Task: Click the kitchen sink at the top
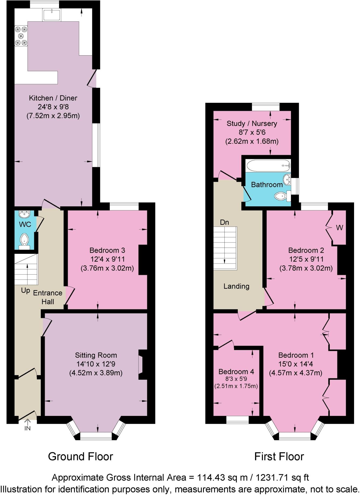coord(52,15)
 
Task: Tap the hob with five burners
coord(21,36)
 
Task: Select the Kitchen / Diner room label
coord(53,98)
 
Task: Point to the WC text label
coord(25,224)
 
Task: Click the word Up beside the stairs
coord(26,291)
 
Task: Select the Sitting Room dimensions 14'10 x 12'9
coord(96,364)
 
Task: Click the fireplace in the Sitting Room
coord(141,365)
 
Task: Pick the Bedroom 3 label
coord(107,250)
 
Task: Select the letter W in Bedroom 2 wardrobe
coord(340,228)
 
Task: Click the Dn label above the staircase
coord(224,222)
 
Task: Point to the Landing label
coord(236,286)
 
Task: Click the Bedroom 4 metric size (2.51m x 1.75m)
coord(236,386)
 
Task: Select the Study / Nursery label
coord(252,124)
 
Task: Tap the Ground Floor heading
coord(80,457)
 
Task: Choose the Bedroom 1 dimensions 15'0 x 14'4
coord(296,364)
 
